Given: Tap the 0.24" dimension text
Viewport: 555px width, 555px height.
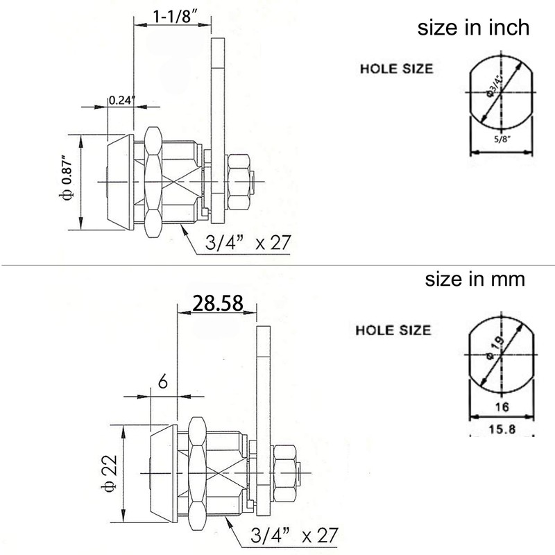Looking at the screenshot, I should [x=121, y=99].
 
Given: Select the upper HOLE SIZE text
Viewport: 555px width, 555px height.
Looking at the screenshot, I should [x=396, y=69].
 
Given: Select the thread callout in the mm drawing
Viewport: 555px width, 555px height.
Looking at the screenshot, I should [x=294, y=535].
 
